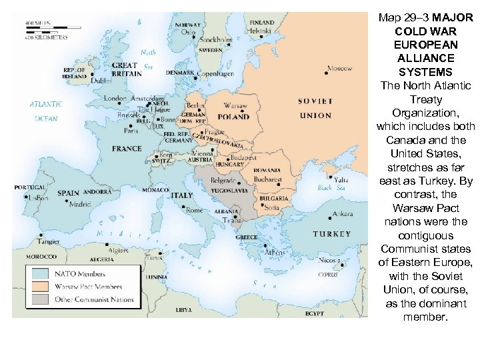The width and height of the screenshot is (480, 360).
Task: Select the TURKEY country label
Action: pos(331,234)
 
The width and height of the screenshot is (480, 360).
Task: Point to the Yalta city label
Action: pos(342,179)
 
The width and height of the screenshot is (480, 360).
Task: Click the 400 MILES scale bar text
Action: pos(38,23)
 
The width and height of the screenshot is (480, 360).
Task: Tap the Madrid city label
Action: pos(80,204)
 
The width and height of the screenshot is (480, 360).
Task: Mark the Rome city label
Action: pos(194,211)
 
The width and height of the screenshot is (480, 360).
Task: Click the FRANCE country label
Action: pos(127,148)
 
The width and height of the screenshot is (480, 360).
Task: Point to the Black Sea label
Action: pos(325,188)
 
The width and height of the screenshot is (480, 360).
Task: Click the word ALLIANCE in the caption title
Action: pos(425,58)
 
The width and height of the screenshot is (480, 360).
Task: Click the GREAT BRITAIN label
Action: pos(125,70)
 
